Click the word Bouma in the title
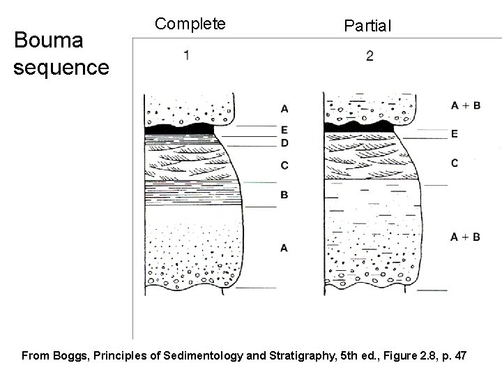[48, 41]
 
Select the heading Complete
[190, 24]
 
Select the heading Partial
[368, 26]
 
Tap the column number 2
[369, 57]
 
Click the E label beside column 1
[284, 129]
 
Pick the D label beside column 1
[284, 142]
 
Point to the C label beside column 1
[284, 165]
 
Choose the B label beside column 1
[284, 195]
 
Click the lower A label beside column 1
[284, 247]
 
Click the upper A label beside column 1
[284, 108]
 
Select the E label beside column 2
[473, 133]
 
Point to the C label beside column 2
[473, 163]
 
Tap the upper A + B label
[465, 105]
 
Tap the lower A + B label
[465, 237]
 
